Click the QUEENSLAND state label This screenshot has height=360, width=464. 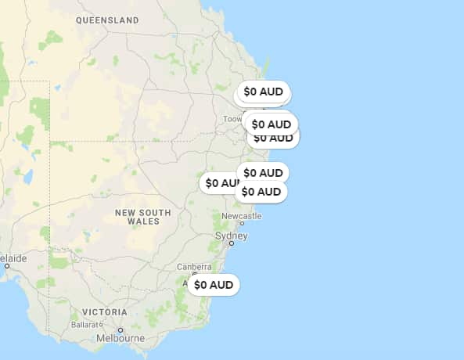pyautogui.click(x=107, y=20)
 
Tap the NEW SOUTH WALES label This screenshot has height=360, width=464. pyautogui.click(x=142, y=217)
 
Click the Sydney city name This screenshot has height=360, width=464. pyautogui.click(x=231, y=236)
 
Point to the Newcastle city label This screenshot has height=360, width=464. pyautogui.click(x=242, y=215)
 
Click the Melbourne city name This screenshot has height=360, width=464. pyautogui.click(x=120, y=339)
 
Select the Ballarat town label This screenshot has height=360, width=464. pyautogui.click(x=86, y=324)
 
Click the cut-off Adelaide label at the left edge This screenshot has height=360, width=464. pyautogui.click(x=13, y=257)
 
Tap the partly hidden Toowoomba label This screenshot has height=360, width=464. pyautogui.click(x=232, y=119)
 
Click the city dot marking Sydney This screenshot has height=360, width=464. pyautogui.click(x=232, y=243)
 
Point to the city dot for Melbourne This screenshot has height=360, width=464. pyautogui.click(x=120, y=330)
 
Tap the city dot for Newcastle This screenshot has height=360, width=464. pyautogui.click(x=242, y=223)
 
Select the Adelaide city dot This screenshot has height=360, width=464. pyautogui.click(x=7, y=266)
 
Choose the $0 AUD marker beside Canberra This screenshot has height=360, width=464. pyautogui.click(x=214, y=285)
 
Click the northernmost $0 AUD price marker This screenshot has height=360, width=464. pyautogui.click(x=264, y=92)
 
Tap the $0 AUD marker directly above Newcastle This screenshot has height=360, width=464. pyautogui.click(x=261, y=192)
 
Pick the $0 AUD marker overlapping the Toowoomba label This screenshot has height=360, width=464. pyautogui.click(x=271, y=124)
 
